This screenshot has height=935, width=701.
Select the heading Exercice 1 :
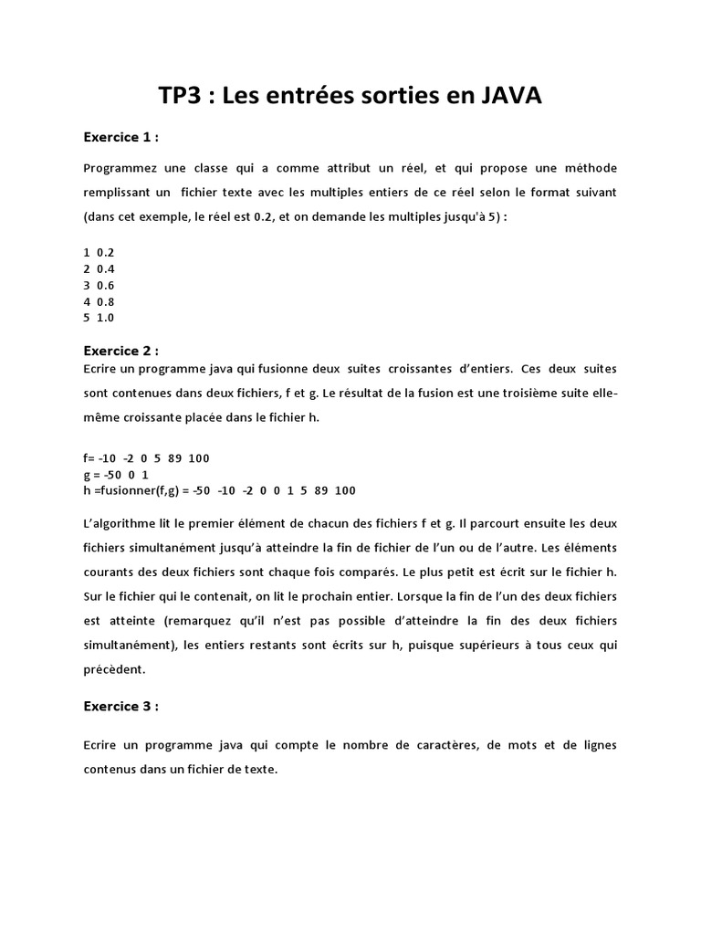120,138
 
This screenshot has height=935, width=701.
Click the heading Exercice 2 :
120,351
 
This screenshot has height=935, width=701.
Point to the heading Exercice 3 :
120,706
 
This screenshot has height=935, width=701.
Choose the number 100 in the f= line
199,457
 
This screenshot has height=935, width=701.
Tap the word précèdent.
113,669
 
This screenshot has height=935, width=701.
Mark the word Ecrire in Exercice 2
100,368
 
